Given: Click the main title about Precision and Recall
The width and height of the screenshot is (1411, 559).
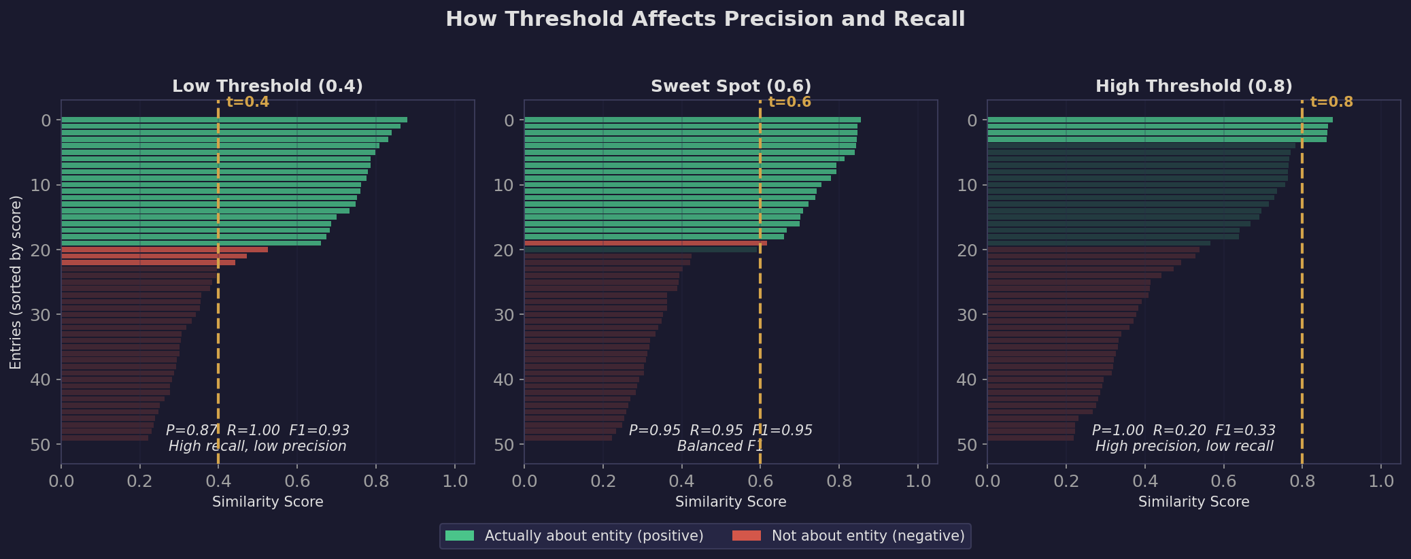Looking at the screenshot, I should click(x=705, y=19).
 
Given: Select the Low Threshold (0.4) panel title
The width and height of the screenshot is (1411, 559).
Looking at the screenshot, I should click(x=267, y=86).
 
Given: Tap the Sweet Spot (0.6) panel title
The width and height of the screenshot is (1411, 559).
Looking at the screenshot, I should click(x=731, y=86).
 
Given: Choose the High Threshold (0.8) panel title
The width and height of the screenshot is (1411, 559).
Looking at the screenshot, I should click(x=1193, y=86).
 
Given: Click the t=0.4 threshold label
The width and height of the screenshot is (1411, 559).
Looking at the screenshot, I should click(x=248, y=102).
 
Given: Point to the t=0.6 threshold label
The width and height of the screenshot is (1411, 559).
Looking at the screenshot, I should click(x=789, y=102).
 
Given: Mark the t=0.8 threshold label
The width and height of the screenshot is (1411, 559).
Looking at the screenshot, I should click(x=1331, y=102).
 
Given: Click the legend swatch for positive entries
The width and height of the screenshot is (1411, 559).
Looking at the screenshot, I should click(x=459, y=536).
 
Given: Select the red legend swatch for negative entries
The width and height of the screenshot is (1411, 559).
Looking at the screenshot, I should click(x=746, y=536).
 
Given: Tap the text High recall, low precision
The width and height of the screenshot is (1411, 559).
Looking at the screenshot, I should click(x=257, y=446).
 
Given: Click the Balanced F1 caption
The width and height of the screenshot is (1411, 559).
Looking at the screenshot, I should click(x=720, y=446).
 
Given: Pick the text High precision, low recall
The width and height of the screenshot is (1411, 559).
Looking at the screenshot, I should click(x=1184, y=446).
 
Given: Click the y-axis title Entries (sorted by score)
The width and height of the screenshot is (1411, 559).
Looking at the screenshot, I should click(x=16, y=282).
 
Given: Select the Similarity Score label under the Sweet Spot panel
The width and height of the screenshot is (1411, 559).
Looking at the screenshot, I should click(x=730, y=502).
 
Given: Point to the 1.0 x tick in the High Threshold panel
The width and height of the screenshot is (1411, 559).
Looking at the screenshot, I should click(x=1380, y=481).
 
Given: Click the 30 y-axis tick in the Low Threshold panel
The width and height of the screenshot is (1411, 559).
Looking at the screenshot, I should click(x=41, y=315).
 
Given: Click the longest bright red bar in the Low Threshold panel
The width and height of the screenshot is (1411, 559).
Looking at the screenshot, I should click(x=164, y=250).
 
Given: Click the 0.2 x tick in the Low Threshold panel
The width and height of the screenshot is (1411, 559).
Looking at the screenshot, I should click(x=139, y=481).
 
